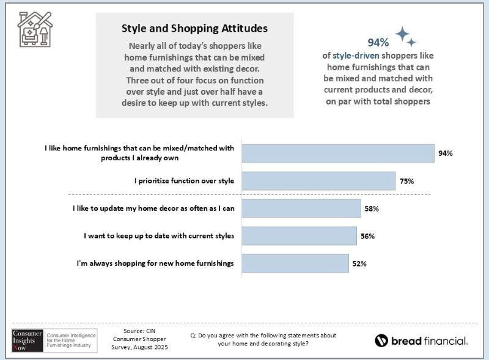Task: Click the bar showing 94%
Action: tap(338, 153)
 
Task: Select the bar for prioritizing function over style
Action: tap(318, 181)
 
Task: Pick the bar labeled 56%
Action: tap(299, 236)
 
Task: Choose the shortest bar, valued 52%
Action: tap(295, 263)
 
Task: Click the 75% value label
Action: tap(408, 181)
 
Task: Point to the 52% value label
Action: tap(359, 263)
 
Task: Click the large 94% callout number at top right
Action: tap(378, 42)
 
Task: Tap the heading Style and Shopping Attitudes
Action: tap(194, 28)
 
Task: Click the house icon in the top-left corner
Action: tap(35, 29)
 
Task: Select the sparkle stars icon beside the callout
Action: tap(405, 37)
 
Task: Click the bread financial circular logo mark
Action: tap(382, 341)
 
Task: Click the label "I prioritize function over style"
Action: tap(185, 181)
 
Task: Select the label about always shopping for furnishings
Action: tap(155, 263)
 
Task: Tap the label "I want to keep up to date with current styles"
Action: tap(159, 236)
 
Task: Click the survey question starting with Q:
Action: tap(264, 340)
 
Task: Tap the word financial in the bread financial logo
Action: tap(441, 341)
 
